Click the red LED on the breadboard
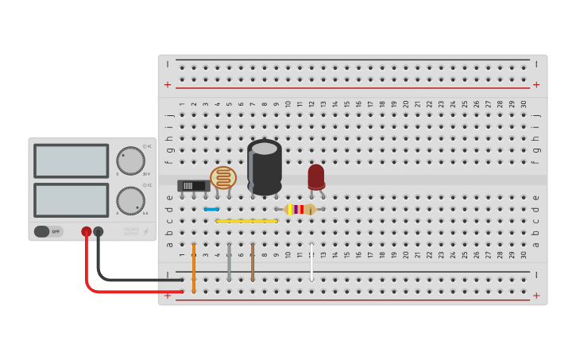(x=316, y=176)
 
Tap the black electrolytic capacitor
(x=265, y=167)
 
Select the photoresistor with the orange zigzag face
(x=223, y=177)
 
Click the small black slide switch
(x=193, y=186)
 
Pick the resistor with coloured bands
(x=300, y=209)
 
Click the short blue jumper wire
(x=211, y=209)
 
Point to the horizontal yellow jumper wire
(x=246, y=221)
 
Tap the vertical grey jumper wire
(x=229, y=262)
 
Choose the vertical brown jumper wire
(x=253, y=262)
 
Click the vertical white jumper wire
(x=311, y=262)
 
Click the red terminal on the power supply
(x=87, y=232)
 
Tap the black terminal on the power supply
(x=99, y=232)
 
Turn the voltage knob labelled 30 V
(x=131, y=161)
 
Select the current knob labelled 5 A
(x=131, y=200)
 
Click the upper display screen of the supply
(x=72, y=161)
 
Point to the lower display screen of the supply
(x=72, y=200)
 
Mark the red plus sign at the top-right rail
(x=536, y=84)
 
